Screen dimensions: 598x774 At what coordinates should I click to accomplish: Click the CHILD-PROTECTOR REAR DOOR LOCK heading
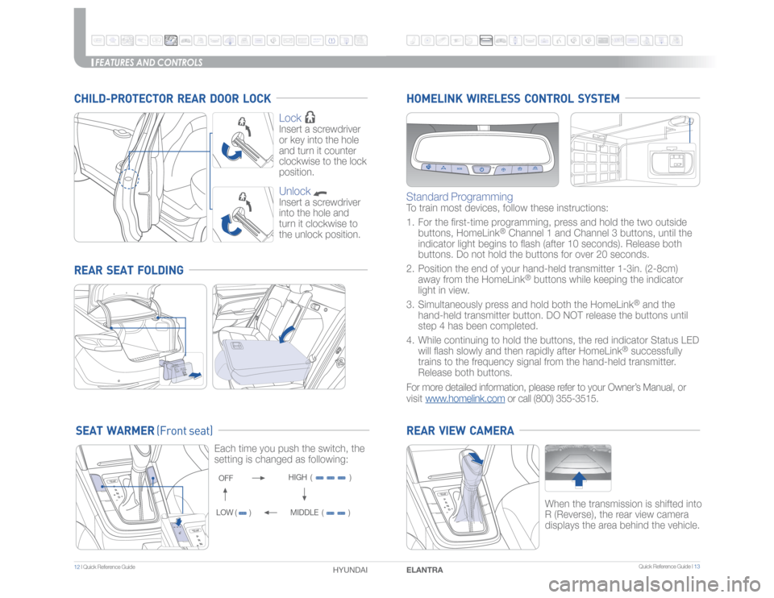click(173, 98)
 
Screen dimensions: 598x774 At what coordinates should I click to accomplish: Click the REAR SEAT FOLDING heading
click(130, 269)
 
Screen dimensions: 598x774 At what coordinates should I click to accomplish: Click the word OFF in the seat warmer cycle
click(227, 478)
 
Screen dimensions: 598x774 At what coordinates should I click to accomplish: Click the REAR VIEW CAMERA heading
click(459, 431)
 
